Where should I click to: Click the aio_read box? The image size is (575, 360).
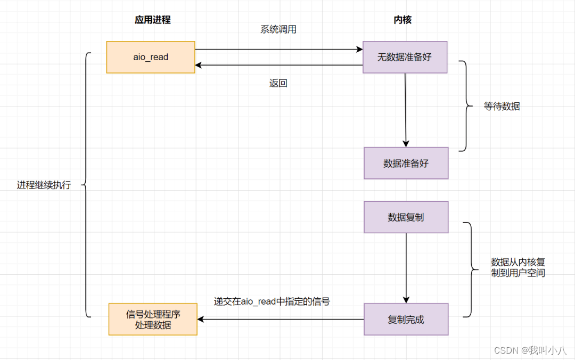click(151, 57)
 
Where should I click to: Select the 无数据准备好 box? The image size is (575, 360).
click(405, 57)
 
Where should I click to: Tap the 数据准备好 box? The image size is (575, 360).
click(406, 163)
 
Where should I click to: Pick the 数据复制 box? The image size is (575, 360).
click(406, 217)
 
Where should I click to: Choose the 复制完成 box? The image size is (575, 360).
click(406, 320)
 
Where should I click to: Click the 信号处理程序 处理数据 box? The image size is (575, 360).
click(153, 319)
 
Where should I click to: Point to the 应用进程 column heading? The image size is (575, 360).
click(152, 20)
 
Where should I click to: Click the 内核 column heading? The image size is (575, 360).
click(402, 20)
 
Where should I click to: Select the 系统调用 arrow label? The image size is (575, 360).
click(278, 30)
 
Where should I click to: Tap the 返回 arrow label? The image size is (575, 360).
click(278, 83)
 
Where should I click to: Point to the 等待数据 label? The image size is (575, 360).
click(502, 107)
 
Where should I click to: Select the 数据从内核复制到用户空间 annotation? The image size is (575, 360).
click(517, 267)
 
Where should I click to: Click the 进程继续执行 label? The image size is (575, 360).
click(44, 185)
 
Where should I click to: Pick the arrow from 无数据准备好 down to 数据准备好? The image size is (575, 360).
click(405, 110)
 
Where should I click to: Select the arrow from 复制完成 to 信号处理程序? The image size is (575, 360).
click(281, 320)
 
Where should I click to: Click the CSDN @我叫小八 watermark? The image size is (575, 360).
click(530, 350)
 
